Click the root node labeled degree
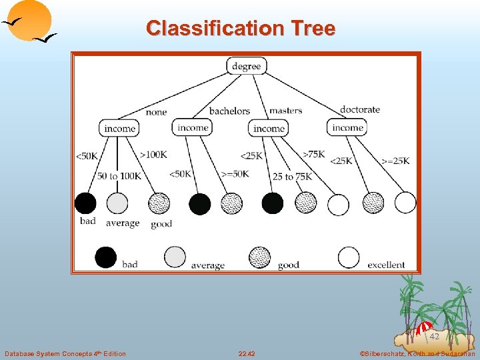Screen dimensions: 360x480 coord(247,65)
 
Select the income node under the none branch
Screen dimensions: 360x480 coord(120,128)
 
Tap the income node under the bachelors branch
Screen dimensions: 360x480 coord(193,127)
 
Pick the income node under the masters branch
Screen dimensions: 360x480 coord(269,128)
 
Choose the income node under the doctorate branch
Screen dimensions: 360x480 coord(347,127)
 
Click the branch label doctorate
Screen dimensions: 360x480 coord(359,110)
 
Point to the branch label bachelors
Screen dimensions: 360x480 coord(229,111)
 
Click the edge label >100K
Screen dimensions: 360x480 coord(153,155)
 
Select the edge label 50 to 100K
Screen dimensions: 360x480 coord(119,176)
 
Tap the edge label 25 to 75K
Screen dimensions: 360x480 coord(292,177)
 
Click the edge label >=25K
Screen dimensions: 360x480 coord(395,161)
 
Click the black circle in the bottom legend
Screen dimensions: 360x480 coord(105,257)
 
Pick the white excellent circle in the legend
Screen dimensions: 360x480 coord(349,257)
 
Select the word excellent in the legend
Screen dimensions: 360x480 coord(386,265)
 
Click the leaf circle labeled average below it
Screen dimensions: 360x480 coord(117,203)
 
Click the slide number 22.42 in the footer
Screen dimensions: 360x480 coord(246,353)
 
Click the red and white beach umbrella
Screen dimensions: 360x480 coord(423,327)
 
